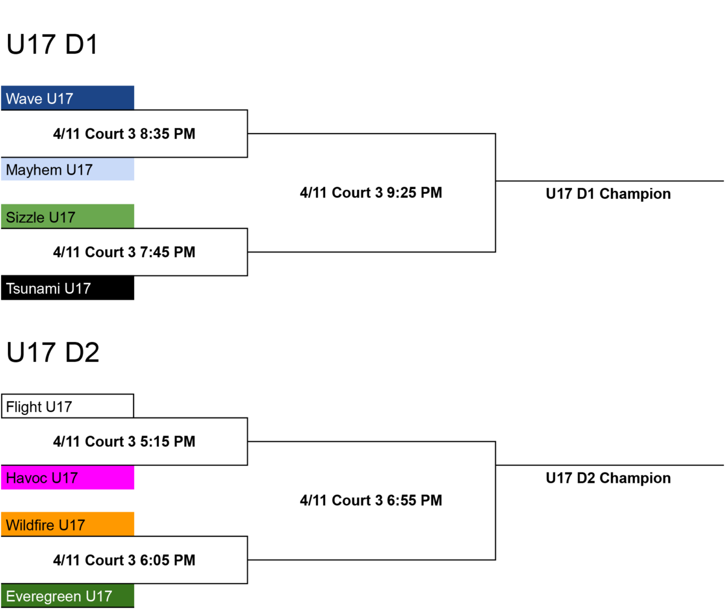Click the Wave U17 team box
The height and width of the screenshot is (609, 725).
pos(67,98)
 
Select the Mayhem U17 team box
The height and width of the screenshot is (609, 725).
pos(67,169)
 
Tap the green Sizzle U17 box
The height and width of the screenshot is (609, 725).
pos(67,216)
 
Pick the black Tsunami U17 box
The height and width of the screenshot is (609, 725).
pos(67,288)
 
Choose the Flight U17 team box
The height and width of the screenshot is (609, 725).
pos(67,406)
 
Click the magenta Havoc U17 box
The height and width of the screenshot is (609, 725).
pos(67,477)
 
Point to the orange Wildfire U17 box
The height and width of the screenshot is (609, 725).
pos(67,524)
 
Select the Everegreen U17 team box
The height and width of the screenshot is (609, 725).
pos(67,596)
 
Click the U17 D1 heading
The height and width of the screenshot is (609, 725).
pos(52,45)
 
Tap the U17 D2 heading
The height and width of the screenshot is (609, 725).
pos(53,352)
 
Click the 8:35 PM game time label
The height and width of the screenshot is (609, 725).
pos(124,134)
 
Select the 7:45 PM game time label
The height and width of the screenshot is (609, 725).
pos(124,252)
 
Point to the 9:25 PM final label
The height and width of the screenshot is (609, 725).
pos(371,193)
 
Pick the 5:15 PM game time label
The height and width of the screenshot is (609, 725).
pos(124,442)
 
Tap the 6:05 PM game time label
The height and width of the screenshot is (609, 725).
pos(124,560)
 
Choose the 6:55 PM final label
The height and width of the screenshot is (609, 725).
pos(371,501)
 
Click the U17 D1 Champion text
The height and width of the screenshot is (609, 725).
pos(608,194)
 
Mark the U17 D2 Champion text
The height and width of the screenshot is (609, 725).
pos(608,478)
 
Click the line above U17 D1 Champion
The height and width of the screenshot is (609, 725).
pos(610,181)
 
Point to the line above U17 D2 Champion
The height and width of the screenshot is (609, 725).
pos(610,465)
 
